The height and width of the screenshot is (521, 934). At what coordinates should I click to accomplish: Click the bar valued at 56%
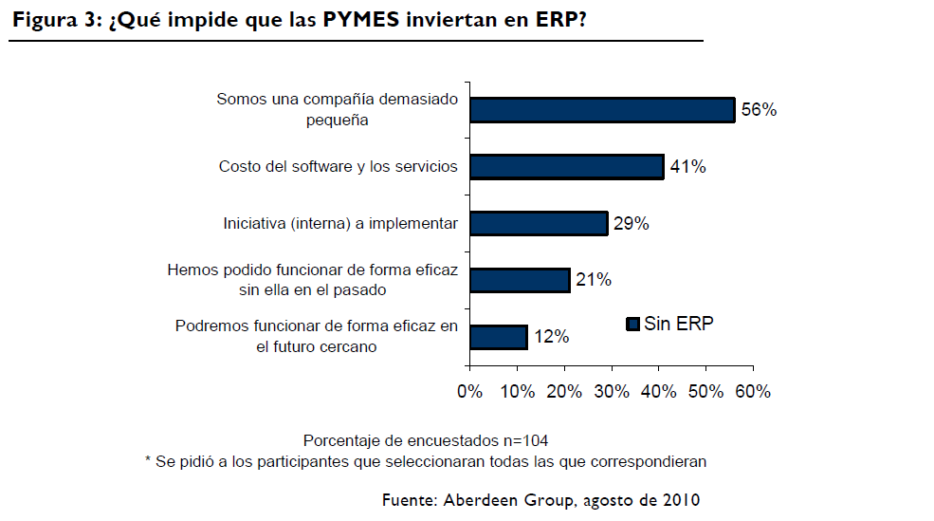coord(602,110)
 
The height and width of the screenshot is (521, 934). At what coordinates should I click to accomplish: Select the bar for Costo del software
coord(566,167)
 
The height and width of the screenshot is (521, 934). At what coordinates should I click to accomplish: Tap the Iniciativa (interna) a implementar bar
coord(538,223)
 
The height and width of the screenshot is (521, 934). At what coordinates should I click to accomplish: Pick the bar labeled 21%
coord(519,280)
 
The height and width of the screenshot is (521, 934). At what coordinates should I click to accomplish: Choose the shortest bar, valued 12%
coord(498,337)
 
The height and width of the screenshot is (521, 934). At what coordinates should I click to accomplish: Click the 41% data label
coord(687,167)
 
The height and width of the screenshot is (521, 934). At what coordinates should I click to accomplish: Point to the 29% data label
coord(631,224)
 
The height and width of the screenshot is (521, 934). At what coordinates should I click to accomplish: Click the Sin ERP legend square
coord(632,325)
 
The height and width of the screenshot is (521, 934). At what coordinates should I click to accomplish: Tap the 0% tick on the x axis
coord(469,391)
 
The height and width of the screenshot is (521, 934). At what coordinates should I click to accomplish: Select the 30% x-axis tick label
coord(612,391)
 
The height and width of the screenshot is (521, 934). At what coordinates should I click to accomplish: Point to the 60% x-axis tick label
coord(752,391)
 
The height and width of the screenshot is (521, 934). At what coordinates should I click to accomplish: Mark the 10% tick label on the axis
coord(517,391)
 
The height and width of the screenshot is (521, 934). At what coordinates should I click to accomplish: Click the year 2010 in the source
coord(683,499)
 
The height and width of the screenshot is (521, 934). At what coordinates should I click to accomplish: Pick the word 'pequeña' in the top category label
coord(338,120)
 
